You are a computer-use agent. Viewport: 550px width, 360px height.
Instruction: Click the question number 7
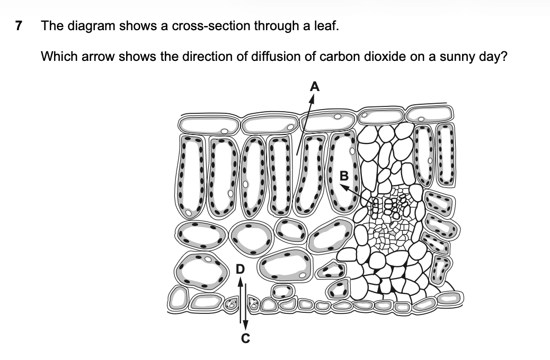pyautogui.click(x=19, y=26)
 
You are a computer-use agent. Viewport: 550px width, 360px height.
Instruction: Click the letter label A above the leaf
pyautogui.click(x=315, y=86)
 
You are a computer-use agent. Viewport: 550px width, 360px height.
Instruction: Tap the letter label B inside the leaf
pyautogui.click(x=344, y=176)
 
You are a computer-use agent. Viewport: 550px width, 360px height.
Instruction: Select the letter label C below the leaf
pyautogui.click(x=245, y=338)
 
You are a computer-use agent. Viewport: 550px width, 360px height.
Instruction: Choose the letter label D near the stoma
pyautogui.click(x=240, y=269)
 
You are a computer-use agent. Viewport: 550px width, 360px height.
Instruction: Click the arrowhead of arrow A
pyautogui.click(x=312, y=100)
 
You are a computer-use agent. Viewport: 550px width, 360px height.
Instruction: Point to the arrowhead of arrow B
pyautogui.click(x=345, y=188)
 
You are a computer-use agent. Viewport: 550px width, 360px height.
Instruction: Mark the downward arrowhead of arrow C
pyautogui.click(x=245, y=325)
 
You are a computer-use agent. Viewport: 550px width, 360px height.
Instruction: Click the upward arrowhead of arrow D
pyautogui.click(x=240, y=282)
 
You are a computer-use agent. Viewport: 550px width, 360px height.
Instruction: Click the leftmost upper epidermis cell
pyautogui.click(x=209, y=125)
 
